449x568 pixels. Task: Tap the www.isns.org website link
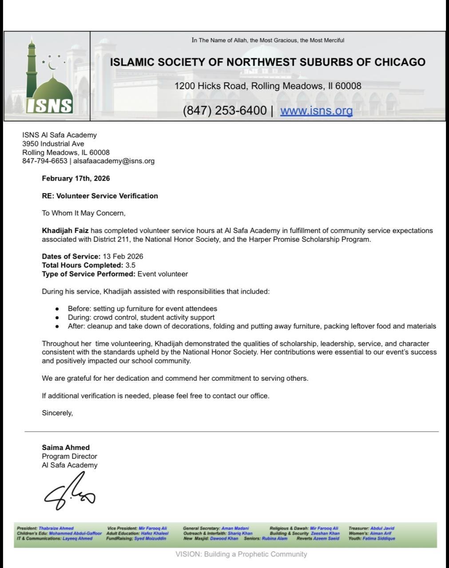pos(316,110)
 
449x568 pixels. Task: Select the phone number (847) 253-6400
pos(225,110)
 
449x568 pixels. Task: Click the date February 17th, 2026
pos(76,178)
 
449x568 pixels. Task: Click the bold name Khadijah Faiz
pos(65,231)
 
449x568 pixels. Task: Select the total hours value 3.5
pos(131,265)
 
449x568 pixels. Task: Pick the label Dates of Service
pos(71,256)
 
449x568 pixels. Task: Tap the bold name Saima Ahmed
pos(66,447)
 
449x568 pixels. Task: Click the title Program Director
pos(69,456)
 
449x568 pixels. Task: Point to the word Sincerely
pos(57,413)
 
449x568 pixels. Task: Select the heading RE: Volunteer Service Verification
pos(100,196)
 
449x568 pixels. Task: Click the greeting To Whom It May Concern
pos(83,213)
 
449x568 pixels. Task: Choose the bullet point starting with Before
pos(142,308)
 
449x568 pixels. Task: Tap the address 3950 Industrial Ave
pos(53,144)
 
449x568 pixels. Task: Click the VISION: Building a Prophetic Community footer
pos(241,554)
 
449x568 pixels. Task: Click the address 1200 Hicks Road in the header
pos(268,86)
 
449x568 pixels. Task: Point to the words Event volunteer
pos(163,274)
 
